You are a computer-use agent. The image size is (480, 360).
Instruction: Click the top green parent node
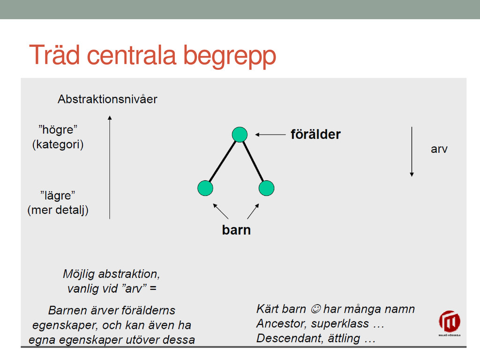pyautogui.click(x=240, y=135)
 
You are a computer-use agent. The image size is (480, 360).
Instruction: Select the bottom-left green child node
pyautogui.click(x=205, y=188)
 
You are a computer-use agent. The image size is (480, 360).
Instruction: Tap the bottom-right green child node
pyautogui.click(x=266, y=188)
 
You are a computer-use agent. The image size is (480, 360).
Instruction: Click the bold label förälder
pyautogui.click(x=315, y=135)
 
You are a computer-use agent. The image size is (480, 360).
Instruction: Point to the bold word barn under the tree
pyautogui.click(x=236, y=230)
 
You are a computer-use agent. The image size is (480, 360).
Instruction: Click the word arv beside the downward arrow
pyautogui.click(x=439, y=149)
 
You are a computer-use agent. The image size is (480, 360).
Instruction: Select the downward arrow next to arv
pyautogui.click(x=412, y=152)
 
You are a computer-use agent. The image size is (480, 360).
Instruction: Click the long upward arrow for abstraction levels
pyautogui.click(x=110, y=167)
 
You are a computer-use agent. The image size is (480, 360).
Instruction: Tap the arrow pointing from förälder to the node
pyautogui.click(x=270, y=135)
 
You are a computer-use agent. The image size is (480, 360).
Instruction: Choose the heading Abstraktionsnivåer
pyautogui.click(x=107, y=99)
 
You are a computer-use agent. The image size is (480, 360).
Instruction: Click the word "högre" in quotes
pyautogui.click(x=58, y=129)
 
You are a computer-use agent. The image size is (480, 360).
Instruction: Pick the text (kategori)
pyautogui.click(x=58, y=144)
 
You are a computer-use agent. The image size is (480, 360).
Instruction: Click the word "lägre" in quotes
pyautogui.click(x=58, y=195)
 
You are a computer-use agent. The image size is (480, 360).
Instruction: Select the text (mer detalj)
pyautogui.click(x=58, y=210)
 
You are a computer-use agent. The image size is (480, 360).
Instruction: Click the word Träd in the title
pyautogui.click(x=54, y=55)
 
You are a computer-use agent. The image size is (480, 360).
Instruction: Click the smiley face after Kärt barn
pyautogui.click(x=315, y=309)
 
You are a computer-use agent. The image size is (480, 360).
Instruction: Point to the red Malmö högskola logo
pyautogui.click(x=450, y=323)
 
